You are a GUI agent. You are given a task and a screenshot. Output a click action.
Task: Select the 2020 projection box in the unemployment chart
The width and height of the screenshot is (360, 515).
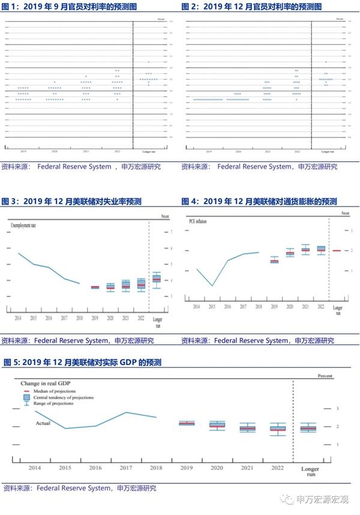[110, 287]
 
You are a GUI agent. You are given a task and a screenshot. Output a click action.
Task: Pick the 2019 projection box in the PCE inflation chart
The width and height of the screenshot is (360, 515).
[274, 261]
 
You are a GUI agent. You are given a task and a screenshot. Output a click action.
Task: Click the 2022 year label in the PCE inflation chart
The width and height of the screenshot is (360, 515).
[320, 307]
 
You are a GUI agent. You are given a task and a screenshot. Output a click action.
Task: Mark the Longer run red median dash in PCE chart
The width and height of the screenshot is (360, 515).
[337, 250]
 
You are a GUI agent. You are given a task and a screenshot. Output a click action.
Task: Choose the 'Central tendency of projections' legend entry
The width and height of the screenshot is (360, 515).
[62, 397]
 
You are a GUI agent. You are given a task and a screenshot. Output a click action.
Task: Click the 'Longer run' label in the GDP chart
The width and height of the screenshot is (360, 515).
[310, 470]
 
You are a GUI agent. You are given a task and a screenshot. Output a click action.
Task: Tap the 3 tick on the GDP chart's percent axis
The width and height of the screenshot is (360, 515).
[338, 409]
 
